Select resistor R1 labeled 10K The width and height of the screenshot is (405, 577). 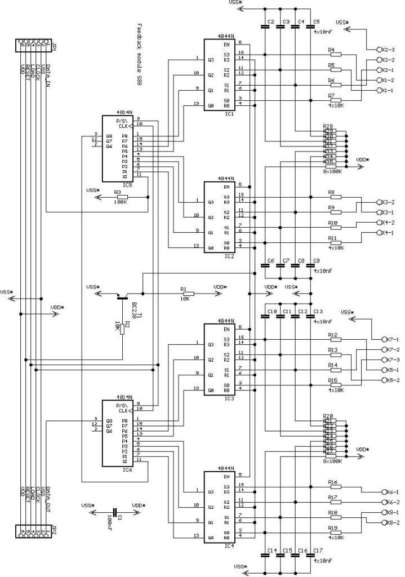pos(188,294)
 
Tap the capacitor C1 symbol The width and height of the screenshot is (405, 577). pos(115,512)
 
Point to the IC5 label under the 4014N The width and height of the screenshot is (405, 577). pos(127,184)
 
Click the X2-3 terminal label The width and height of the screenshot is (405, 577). pos(389,50)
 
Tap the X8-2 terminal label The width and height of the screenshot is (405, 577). pos(390,522)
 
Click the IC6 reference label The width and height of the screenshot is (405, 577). pos(127,469)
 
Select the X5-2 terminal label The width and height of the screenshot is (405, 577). pos(390,380)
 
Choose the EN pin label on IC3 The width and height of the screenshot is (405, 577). pos(211,329)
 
